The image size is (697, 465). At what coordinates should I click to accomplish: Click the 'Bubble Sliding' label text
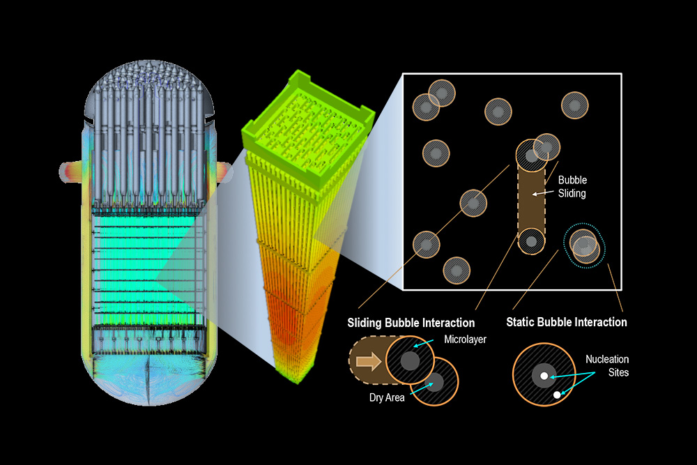[x=572, y=187]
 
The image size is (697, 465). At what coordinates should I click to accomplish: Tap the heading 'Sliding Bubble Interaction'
[x=411, y=323]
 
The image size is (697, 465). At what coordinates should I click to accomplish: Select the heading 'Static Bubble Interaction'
[x=567, y=322]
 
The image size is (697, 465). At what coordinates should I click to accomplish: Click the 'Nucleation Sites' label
[x=606, y=366]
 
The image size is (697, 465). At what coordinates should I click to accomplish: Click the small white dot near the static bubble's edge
[x=556, y=395]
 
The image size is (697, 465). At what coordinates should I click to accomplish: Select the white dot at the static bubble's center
[x=543, y=376]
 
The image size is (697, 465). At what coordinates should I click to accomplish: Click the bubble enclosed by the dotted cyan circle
[x=584, y=245]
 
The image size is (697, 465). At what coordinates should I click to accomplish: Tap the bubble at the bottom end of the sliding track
[x=532, y=242]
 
